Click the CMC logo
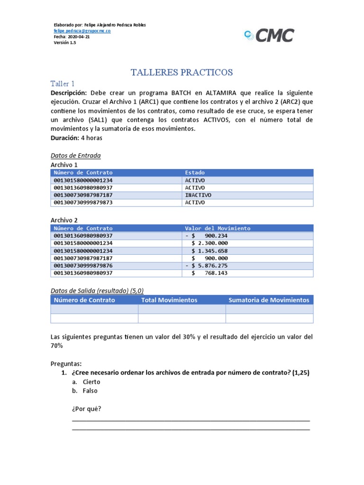pyautogui.click(x=269, y=35)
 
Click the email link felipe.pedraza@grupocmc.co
pyautogui.click(x=82, y=30)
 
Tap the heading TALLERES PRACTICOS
pyautogui.click(x=182, y=72)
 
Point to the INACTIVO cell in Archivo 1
pyautogui.click(x=198, y=195)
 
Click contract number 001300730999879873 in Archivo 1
pyautogui.click(x=83, y=203)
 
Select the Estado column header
pyautogui.click(x=195, y=173)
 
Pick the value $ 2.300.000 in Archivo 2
pyautogui.click(x=209, y=243)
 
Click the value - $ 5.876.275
pyautogui.click(x=207, y=266)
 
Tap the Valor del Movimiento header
pyautogui.click(x=218, y=228)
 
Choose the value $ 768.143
pyautogui.click(x=209, y=273)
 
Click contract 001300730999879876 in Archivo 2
pyautogui.click(x=83, y=266)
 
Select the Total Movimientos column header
pyautogui.click(x=169, y=300)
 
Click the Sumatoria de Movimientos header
pyautogui.click(x=269, y=300)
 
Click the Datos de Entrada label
pyautogui.click(x=75, y=155)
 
